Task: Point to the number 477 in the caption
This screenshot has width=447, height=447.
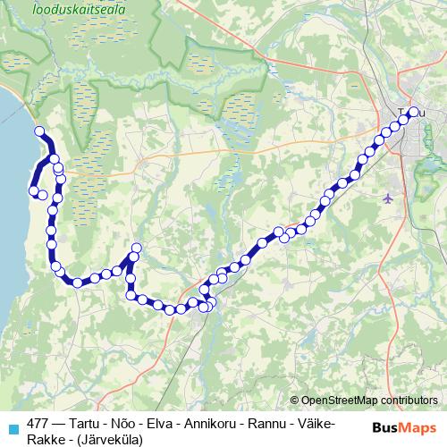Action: click(38, 423)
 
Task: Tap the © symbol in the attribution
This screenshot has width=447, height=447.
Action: click(295, 400)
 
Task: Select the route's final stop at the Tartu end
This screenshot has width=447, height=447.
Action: click(413, 112)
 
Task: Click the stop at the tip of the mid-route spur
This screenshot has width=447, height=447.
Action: click(137, 248)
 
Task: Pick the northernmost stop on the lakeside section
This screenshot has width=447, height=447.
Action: click(38, 132)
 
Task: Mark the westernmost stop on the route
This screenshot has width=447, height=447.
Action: click(34, 190)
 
